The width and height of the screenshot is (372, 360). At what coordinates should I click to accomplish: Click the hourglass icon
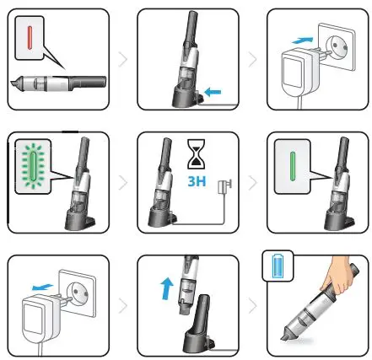pyautogui.click(x=196, y=155)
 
